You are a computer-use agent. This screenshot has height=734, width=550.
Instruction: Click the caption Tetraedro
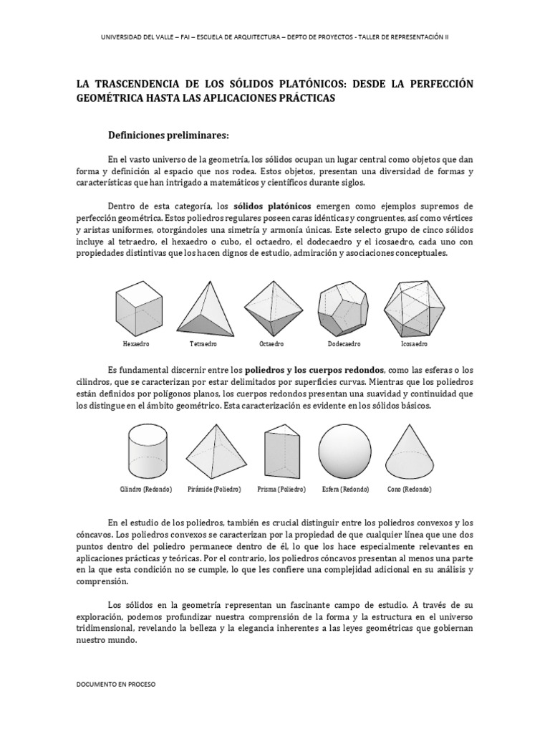203,344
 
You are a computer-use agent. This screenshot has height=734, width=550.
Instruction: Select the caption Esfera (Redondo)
345,489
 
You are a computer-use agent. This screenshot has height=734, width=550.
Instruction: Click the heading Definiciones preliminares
168,134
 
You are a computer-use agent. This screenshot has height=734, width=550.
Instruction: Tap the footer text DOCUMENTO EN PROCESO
115,684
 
